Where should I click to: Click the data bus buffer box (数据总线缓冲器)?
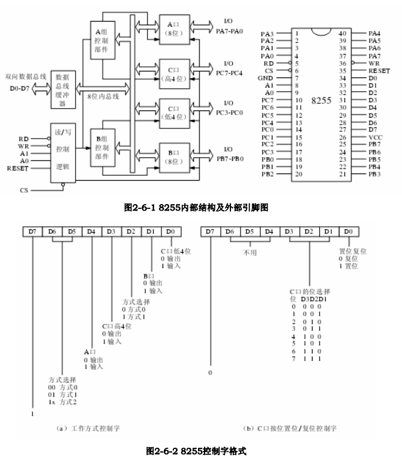coord(63,89)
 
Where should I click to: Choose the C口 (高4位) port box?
coord(172,73)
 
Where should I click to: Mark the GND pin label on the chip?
coord(266,78)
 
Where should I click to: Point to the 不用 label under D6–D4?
coord(250,252)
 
